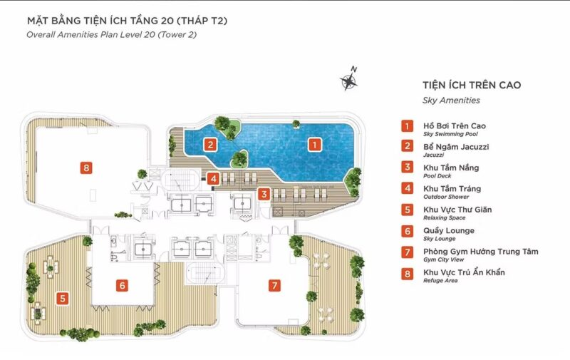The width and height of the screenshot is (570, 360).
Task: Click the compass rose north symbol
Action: point(349,79)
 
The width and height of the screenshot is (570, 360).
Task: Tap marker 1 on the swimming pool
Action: point(314,145)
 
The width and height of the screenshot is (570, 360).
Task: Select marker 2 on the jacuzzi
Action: point(210,145)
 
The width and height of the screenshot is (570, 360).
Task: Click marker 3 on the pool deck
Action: point(264,194)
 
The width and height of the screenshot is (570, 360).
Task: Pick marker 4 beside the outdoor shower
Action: point(213,178)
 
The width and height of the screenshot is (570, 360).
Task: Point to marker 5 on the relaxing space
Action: point(63,299)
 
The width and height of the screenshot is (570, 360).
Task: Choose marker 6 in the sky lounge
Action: point(122,285)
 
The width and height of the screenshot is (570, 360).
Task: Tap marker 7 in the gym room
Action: point(274,285)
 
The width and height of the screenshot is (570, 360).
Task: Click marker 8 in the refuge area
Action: point(86,168)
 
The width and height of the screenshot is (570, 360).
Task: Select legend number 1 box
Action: point(407,126)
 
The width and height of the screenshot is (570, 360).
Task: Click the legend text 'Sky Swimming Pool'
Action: point(450,134)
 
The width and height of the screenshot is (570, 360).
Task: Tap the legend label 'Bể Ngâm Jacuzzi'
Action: point(456,147)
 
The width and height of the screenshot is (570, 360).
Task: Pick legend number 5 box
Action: point(407,210)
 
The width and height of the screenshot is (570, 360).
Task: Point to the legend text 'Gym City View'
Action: point(443,259)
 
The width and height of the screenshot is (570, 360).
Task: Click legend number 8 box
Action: point(407,274)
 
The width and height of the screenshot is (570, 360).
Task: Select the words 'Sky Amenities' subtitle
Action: point(451,101)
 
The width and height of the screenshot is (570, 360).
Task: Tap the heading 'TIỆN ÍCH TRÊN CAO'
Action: point(472,85)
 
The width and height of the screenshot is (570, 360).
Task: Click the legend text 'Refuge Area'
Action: point(440,281)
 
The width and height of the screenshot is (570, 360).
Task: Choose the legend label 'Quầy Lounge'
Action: point(449,231)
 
